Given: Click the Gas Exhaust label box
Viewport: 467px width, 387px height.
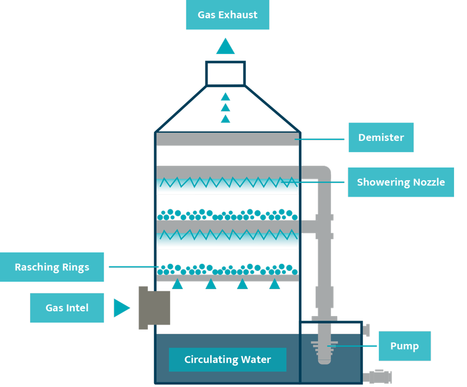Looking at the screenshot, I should [x=227, y=15].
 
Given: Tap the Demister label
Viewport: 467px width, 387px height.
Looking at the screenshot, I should [x=381, y=137].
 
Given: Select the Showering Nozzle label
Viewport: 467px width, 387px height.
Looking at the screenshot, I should [x=401, y=182].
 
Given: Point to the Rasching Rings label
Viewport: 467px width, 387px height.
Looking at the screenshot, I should [x=52, y=267].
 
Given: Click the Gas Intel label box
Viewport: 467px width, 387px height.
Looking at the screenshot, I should [x=67, y=308].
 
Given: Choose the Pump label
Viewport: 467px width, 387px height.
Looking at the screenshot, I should [x=404, y=346].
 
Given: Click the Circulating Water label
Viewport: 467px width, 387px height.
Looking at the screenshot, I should [x=227, y=360].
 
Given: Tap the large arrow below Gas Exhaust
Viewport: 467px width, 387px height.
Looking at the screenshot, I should [x=226, y=46].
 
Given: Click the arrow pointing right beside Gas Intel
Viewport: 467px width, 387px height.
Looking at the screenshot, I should [x=121, y=308].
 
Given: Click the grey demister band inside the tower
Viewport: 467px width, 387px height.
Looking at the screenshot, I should [x=227, y=139].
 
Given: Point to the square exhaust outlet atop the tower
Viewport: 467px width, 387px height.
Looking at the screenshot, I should [x=225, y=73].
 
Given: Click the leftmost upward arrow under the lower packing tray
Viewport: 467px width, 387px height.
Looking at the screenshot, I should [x=177, y=284].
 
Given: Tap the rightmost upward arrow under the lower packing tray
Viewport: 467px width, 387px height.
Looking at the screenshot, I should [x=274, y=284].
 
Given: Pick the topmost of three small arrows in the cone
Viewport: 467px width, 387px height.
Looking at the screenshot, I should [x=225, y=96].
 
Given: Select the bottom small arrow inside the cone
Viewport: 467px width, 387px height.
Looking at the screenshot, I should [x=225, y=119].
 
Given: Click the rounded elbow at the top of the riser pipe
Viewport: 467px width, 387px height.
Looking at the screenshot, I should [x=323, y=173].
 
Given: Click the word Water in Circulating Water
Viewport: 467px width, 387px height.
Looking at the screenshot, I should [x=255, y=360].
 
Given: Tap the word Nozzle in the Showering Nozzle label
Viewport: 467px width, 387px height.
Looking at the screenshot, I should [x=428, y=182].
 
